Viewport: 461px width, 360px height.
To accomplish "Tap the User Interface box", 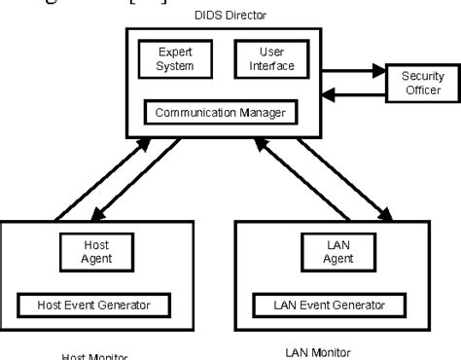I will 271,60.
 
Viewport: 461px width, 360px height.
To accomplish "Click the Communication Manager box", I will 220,111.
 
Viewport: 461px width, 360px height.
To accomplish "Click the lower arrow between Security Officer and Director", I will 355,95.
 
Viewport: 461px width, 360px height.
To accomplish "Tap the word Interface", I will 271,67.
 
